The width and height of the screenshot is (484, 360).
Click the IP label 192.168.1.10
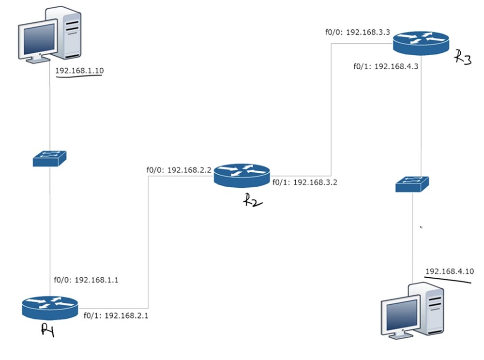click(x=79, y=71)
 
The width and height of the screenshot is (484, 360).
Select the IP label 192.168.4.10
click(x=449, y=271)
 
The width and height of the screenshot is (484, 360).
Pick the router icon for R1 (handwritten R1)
click(x=49, y=306)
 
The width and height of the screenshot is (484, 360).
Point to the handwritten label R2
click(x=253, y=200)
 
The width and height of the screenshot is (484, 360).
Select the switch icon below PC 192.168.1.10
click(x=49, y=158)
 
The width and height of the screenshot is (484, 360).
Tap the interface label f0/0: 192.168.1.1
click(x=86, y=280)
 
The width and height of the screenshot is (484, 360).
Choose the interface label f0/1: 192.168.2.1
click(x=116, y=315)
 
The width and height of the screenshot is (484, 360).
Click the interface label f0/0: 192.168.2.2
click(x=179, y=170)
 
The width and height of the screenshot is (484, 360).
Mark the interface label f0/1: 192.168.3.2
click(x=305, y=182)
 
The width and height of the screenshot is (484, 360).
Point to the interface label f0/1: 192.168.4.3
click(x=386, y=66)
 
